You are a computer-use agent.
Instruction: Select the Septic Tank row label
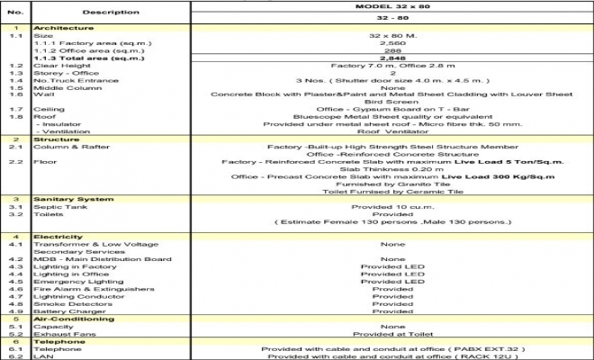pos(57,206)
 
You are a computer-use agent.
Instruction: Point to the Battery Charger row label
pos(64,310)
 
